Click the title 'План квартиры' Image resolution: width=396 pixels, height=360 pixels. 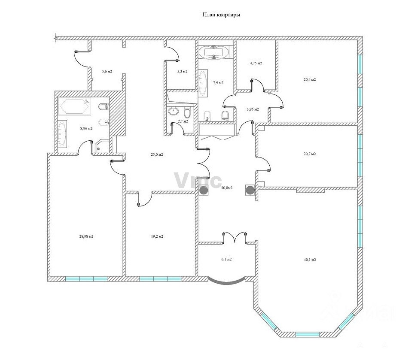tap(221, 15)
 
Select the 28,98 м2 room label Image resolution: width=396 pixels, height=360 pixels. tap(86, 236)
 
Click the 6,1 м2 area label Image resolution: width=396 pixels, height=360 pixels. tap(226, 259)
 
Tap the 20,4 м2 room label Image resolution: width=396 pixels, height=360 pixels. tap(310, 79)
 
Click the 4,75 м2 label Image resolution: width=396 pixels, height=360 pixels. tap(256, 63)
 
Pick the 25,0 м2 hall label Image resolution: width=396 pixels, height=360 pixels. tap(157, 154)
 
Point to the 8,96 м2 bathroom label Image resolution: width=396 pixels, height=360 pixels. tap(86, 128)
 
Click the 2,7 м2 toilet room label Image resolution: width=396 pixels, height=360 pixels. tap(183, 121)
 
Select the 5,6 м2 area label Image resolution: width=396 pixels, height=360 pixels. tap(107, 71)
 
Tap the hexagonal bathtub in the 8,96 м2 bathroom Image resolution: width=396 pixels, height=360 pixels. tap(74, 106)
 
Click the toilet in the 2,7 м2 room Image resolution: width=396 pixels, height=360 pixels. tap(187, 113)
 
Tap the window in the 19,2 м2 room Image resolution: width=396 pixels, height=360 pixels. tap(160, 279)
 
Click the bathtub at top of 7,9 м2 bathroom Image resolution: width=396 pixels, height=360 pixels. tap(213, 52)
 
